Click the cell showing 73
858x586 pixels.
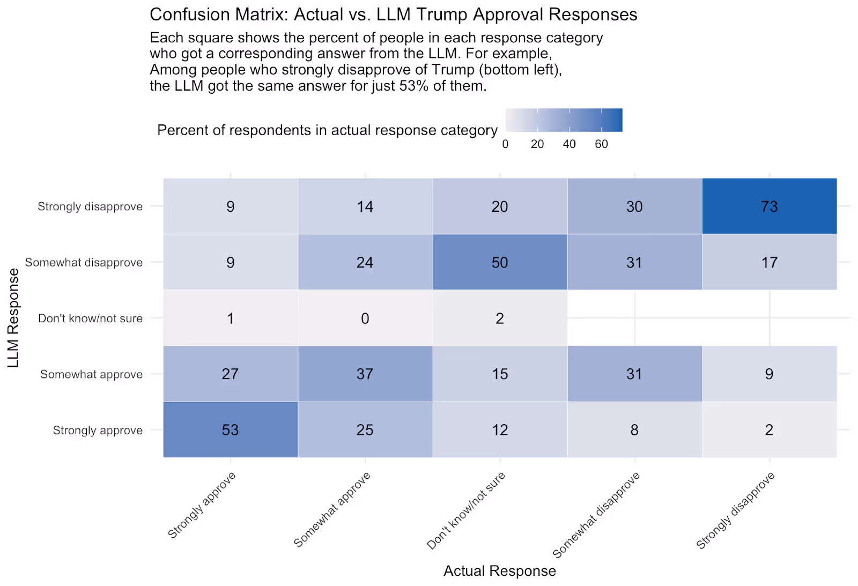(769, 206)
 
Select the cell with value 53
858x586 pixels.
(230, 430)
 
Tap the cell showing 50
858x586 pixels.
(500, 262)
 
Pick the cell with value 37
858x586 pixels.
(365, 374)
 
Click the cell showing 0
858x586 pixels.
(365, 318)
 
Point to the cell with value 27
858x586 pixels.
(230, 374)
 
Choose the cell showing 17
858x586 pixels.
(769, 262)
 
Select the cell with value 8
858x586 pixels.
(634, 430)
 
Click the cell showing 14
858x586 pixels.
(365, 206)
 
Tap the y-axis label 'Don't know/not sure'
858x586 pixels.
(90, 318)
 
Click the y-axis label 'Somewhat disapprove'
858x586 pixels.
(84, 263)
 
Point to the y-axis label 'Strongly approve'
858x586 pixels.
(98, 431)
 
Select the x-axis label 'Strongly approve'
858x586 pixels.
(202, 505)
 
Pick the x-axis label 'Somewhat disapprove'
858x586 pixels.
(596, 515)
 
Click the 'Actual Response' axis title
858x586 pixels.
(500, 571)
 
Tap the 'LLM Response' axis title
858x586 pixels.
(13, 318)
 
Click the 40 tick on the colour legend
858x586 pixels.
(569, 144)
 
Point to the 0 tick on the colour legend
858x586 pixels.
(505, 144)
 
